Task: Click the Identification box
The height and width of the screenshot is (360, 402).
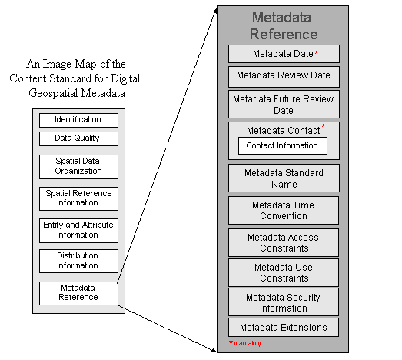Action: [78, 120]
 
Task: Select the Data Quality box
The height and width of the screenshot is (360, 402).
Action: [78, 138]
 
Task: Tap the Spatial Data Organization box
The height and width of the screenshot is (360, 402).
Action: [78, 166]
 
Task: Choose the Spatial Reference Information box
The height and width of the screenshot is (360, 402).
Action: [78, 198]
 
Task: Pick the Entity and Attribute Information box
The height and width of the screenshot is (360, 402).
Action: [78, 231]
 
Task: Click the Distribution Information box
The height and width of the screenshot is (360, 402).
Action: [78, 261]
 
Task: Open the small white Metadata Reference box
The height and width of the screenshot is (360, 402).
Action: [78, 293]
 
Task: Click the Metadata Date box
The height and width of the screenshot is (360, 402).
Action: [284, 54]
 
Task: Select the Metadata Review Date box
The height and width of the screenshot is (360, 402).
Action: [284, 77]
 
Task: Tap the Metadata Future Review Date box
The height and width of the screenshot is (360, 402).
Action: [284, 104]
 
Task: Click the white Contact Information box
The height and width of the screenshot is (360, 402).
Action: [283, 145]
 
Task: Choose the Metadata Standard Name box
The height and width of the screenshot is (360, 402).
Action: [284, 178]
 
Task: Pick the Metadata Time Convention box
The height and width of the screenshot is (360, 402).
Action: [284, 211]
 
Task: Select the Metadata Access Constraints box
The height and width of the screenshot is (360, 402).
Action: [284, 242]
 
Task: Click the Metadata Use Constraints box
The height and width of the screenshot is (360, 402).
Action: [284, 272]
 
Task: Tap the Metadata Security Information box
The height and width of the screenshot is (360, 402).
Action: [284, 302]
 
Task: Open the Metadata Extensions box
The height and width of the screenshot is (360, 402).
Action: [284, 327]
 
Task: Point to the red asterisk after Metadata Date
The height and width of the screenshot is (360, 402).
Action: [317, 53]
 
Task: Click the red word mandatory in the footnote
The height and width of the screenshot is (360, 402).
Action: [248, 343]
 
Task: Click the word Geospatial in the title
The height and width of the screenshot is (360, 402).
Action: [53, 93]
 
